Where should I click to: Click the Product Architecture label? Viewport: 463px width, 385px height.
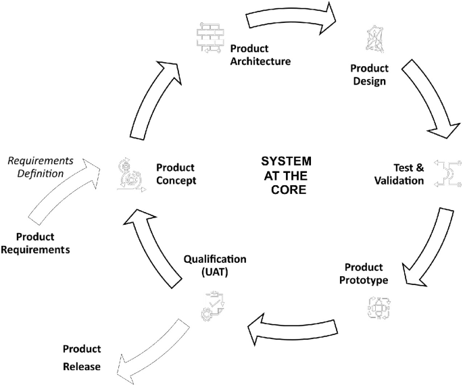260,55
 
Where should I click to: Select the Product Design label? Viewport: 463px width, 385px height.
369,75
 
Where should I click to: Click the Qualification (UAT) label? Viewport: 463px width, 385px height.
215,265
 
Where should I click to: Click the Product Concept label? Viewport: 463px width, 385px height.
175,174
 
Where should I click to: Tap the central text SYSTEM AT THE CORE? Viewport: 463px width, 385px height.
286,176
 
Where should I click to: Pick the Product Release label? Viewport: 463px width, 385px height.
82,358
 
